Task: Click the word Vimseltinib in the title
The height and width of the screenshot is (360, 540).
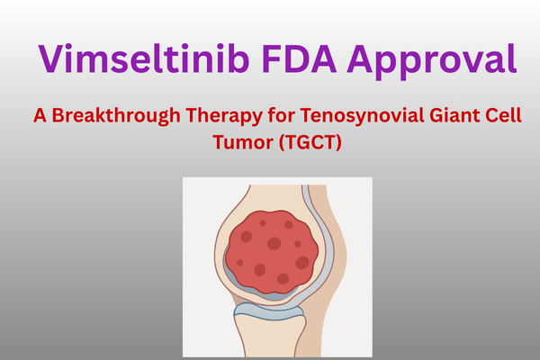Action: [x=144, y=58]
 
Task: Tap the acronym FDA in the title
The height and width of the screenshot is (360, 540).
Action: [x=299, y=58]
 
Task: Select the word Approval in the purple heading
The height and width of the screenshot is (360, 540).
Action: [x=432, y=61]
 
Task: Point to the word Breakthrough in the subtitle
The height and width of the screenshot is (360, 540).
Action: [x=116, y=115]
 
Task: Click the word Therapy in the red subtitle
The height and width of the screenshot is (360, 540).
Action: [x=224, y=116]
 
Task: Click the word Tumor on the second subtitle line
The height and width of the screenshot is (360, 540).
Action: [x=243, y=142]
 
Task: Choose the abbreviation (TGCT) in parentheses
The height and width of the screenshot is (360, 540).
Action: [x=310, y=142]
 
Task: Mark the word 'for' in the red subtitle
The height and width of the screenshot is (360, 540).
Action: [x=282, y=115]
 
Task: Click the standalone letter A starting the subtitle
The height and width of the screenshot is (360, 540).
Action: [x=40, y=116]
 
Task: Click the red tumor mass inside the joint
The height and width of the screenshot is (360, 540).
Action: [x=272, y=252]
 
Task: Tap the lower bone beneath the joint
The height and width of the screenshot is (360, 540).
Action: [x=270, y=336]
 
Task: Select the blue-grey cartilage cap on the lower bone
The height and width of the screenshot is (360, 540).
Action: [x=268, y=311]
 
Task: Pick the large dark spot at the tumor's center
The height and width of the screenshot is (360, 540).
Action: [x=274, y=243]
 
